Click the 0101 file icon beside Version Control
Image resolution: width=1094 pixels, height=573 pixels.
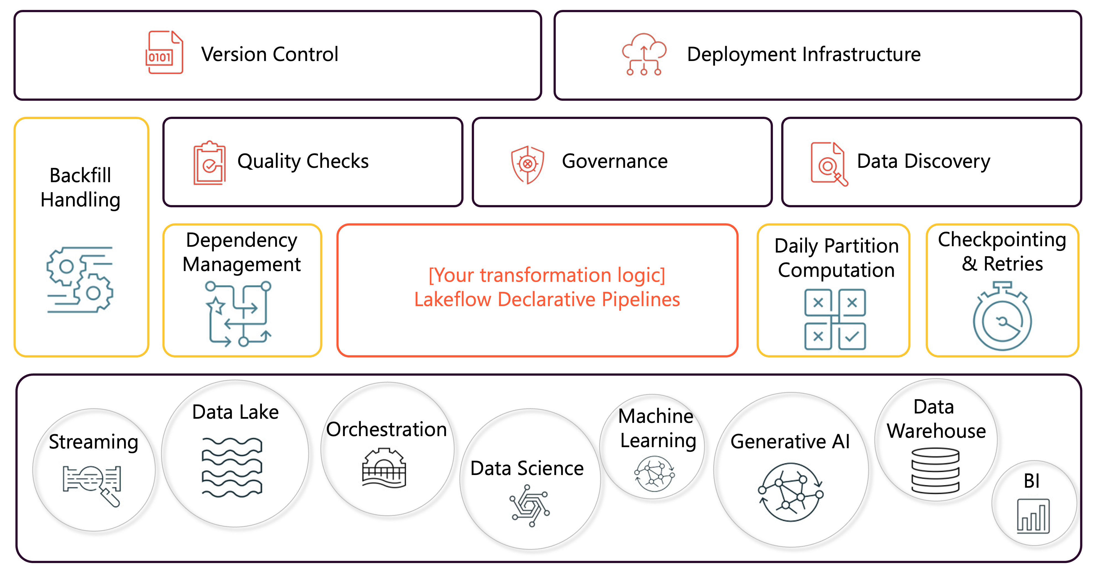[x=164, y=53]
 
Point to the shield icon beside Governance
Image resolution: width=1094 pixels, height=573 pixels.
[x=527, y=164]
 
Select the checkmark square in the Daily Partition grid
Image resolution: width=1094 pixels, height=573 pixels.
[x=852, y=336]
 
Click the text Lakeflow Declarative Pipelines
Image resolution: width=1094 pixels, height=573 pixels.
[x=547, y=300]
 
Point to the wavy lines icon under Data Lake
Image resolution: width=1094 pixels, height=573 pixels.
[x=232, y=467]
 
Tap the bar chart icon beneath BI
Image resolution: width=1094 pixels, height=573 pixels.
[x=1033, y=516]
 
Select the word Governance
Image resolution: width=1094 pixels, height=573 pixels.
[x=614, y=161]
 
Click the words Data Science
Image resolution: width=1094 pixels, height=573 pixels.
[x=527, y=469]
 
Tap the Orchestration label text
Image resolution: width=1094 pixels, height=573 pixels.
[x=386, y=429]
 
